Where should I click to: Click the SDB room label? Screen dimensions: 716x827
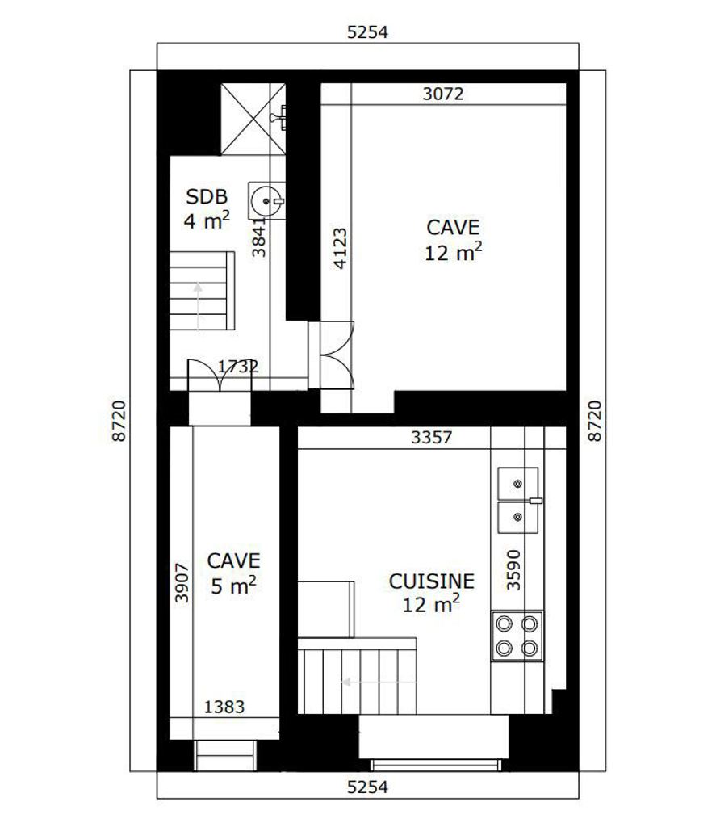[207, 197]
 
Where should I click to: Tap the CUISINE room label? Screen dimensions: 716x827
[432, 581]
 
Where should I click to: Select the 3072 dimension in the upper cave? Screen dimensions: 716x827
[443, 94]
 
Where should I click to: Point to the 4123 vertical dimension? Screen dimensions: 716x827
[341, 248]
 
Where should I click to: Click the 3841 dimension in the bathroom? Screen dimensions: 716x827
[259, 237]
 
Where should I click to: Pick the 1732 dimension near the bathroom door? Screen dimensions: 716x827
[238, 366]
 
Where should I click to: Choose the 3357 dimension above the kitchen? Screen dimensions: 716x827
[431, 437]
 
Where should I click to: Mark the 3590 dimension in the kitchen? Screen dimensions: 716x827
[513, 569]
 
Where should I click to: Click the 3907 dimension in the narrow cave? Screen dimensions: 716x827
[182, 583]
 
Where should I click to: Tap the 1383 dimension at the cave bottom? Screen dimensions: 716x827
[224, 707]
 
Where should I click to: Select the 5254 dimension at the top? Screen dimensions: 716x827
[367, 32]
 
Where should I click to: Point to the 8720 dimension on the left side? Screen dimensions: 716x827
[119, 420]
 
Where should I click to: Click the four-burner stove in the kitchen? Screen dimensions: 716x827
[517, 636]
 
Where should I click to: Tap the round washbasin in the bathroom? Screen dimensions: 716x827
[267, 201]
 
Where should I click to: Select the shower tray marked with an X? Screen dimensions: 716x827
[253, 120]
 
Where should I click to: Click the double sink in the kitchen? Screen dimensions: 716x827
[519, 501]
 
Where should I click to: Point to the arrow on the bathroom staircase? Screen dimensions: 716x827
[198, 307]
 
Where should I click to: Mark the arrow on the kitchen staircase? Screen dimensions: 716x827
[379, 682]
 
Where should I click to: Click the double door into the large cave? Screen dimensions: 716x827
[337, 355]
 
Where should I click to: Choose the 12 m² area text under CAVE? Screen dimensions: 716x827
[454, 253]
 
